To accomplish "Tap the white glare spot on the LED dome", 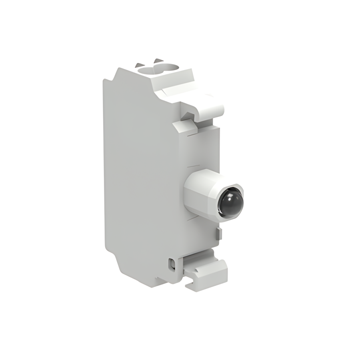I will [x=228, y=197].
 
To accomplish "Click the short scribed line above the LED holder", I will [x=193, y=165].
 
